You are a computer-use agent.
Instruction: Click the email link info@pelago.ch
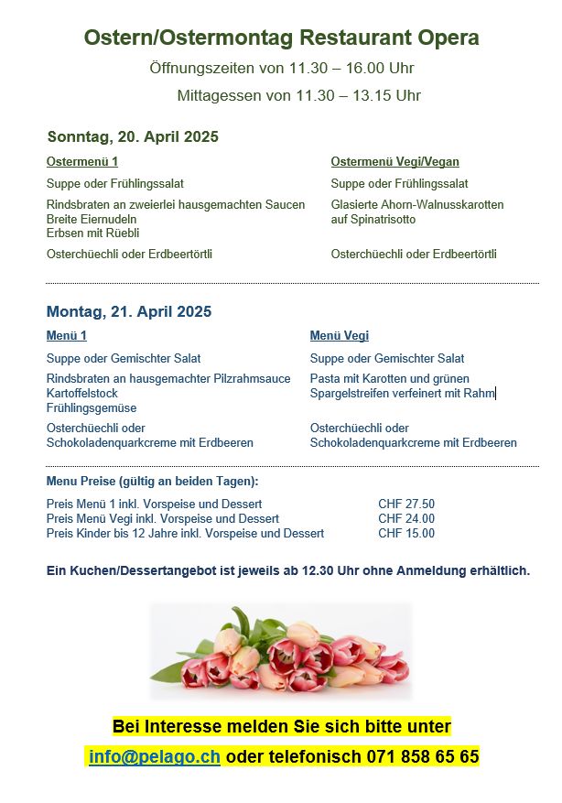155,757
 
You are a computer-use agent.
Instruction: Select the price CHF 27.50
406,504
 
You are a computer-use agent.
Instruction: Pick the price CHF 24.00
406,518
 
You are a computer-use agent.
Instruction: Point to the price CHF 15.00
406,533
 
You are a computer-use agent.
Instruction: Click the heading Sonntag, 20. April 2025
133,137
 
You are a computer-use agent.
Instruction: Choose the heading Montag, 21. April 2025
128,311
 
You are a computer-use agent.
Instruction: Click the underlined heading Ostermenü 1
82,162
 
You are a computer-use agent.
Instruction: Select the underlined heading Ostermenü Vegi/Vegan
394,162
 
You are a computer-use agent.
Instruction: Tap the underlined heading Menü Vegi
340,336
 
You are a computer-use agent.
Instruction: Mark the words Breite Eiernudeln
92,219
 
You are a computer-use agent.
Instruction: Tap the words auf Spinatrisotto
373,220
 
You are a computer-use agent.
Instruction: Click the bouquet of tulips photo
281,651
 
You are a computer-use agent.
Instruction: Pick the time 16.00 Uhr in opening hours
378,68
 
